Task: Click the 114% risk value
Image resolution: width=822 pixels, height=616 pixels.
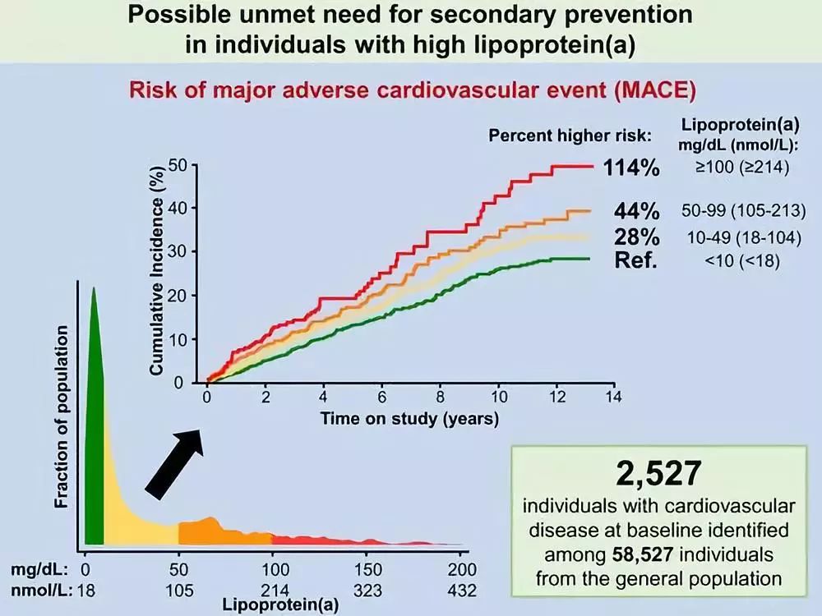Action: (632, 168)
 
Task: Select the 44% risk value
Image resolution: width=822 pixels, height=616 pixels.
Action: (637, 210)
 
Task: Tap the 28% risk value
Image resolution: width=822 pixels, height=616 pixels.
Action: (637, 237)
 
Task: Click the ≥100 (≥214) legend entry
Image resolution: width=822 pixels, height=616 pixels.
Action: (741, 168)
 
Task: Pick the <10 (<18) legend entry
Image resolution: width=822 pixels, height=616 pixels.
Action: (741, 261)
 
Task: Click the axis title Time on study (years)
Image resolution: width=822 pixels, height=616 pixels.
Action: (409, 419)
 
